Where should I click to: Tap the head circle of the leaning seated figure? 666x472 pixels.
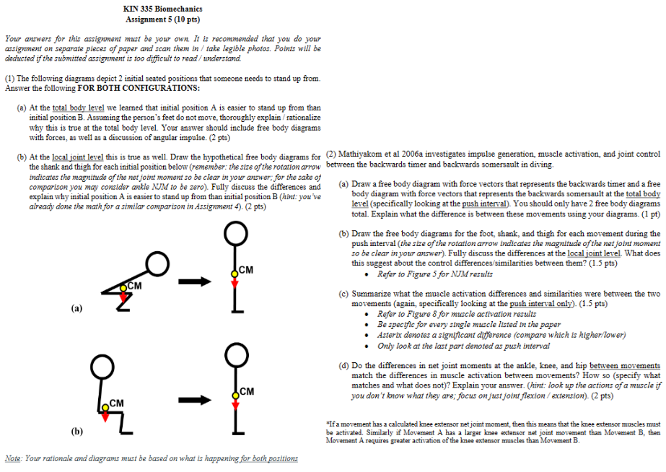pos(159,265)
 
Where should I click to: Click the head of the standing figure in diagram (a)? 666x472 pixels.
pos(234,232)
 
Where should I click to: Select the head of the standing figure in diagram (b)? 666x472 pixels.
pos(234,351)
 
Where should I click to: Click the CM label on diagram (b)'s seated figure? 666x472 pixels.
pos(116,402)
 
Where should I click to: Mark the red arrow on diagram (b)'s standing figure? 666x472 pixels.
pos(234,401)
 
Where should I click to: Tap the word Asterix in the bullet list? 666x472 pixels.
pos(390,335)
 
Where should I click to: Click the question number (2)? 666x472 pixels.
pos(331,154)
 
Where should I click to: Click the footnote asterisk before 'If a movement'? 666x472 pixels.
pos(328,423)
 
